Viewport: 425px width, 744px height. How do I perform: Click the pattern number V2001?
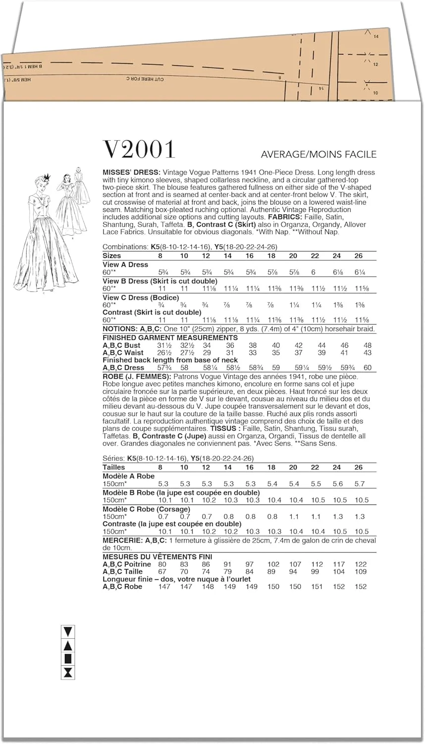coord(139,150)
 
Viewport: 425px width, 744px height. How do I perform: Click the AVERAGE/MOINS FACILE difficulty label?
coord(319,154)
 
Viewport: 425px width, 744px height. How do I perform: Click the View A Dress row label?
coord(125,264)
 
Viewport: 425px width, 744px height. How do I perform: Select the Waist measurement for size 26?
coord(367,353)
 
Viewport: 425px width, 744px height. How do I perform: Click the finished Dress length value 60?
coord(367,368)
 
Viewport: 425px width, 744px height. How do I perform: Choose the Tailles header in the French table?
coord(113,467)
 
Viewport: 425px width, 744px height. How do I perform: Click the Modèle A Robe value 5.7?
coord(360,484)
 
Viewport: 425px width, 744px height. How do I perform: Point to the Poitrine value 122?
coord(361,564)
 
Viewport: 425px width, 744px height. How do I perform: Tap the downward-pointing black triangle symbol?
coord(68,631)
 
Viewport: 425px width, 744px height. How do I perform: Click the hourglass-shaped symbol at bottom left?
coord(68,673)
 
